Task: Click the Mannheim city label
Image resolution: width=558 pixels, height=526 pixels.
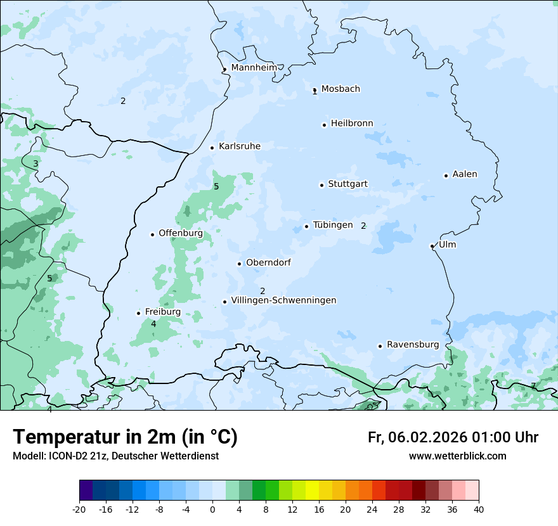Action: (x=254, y=67)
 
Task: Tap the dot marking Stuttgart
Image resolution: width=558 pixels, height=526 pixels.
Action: (x=321, y=185)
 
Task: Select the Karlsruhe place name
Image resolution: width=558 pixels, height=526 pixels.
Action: (x=239, y=146)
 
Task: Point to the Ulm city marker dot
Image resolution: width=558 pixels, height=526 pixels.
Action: (x=432, y=246)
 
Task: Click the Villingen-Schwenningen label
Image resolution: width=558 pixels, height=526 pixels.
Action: (x=283, y=300)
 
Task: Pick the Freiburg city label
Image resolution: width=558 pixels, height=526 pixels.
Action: (x=162, y=312)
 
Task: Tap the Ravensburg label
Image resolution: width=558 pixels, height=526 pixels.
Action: (x=412, y=345)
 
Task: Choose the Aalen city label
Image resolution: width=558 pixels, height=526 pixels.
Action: (x=465, y=174)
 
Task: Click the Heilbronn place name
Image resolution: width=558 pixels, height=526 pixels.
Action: (x=352, y=124)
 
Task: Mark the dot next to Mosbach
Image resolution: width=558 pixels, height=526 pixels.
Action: (x=315, y=90)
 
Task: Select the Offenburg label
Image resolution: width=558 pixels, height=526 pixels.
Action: (x=180, y=233)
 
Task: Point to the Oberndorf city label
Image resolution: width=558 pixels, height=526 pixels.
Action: (x=268, y=262)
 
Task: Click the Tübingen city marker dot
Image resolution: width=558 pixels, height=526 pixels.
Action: (x=306, y=226)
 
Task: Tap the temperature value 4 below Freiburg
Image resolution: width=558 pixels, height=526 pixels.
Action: (x=153, y=324)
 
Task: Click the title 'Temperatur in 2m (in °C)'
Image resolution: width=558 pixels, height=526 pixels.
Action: (x=125, y=437)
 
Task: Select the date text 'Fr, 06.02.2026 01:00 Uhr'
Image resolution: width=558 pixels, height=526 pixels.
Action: (x=453, y=437)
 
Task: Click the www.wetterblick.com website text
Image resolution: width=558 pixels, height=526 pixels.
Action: (x=457, y=456)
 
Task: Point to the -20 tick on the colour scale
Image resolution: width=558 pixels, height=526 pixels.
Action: (x=79, y=509)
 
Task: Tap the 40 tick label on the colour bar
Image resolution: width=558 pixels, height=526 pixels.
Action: (x=478, y=509)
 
